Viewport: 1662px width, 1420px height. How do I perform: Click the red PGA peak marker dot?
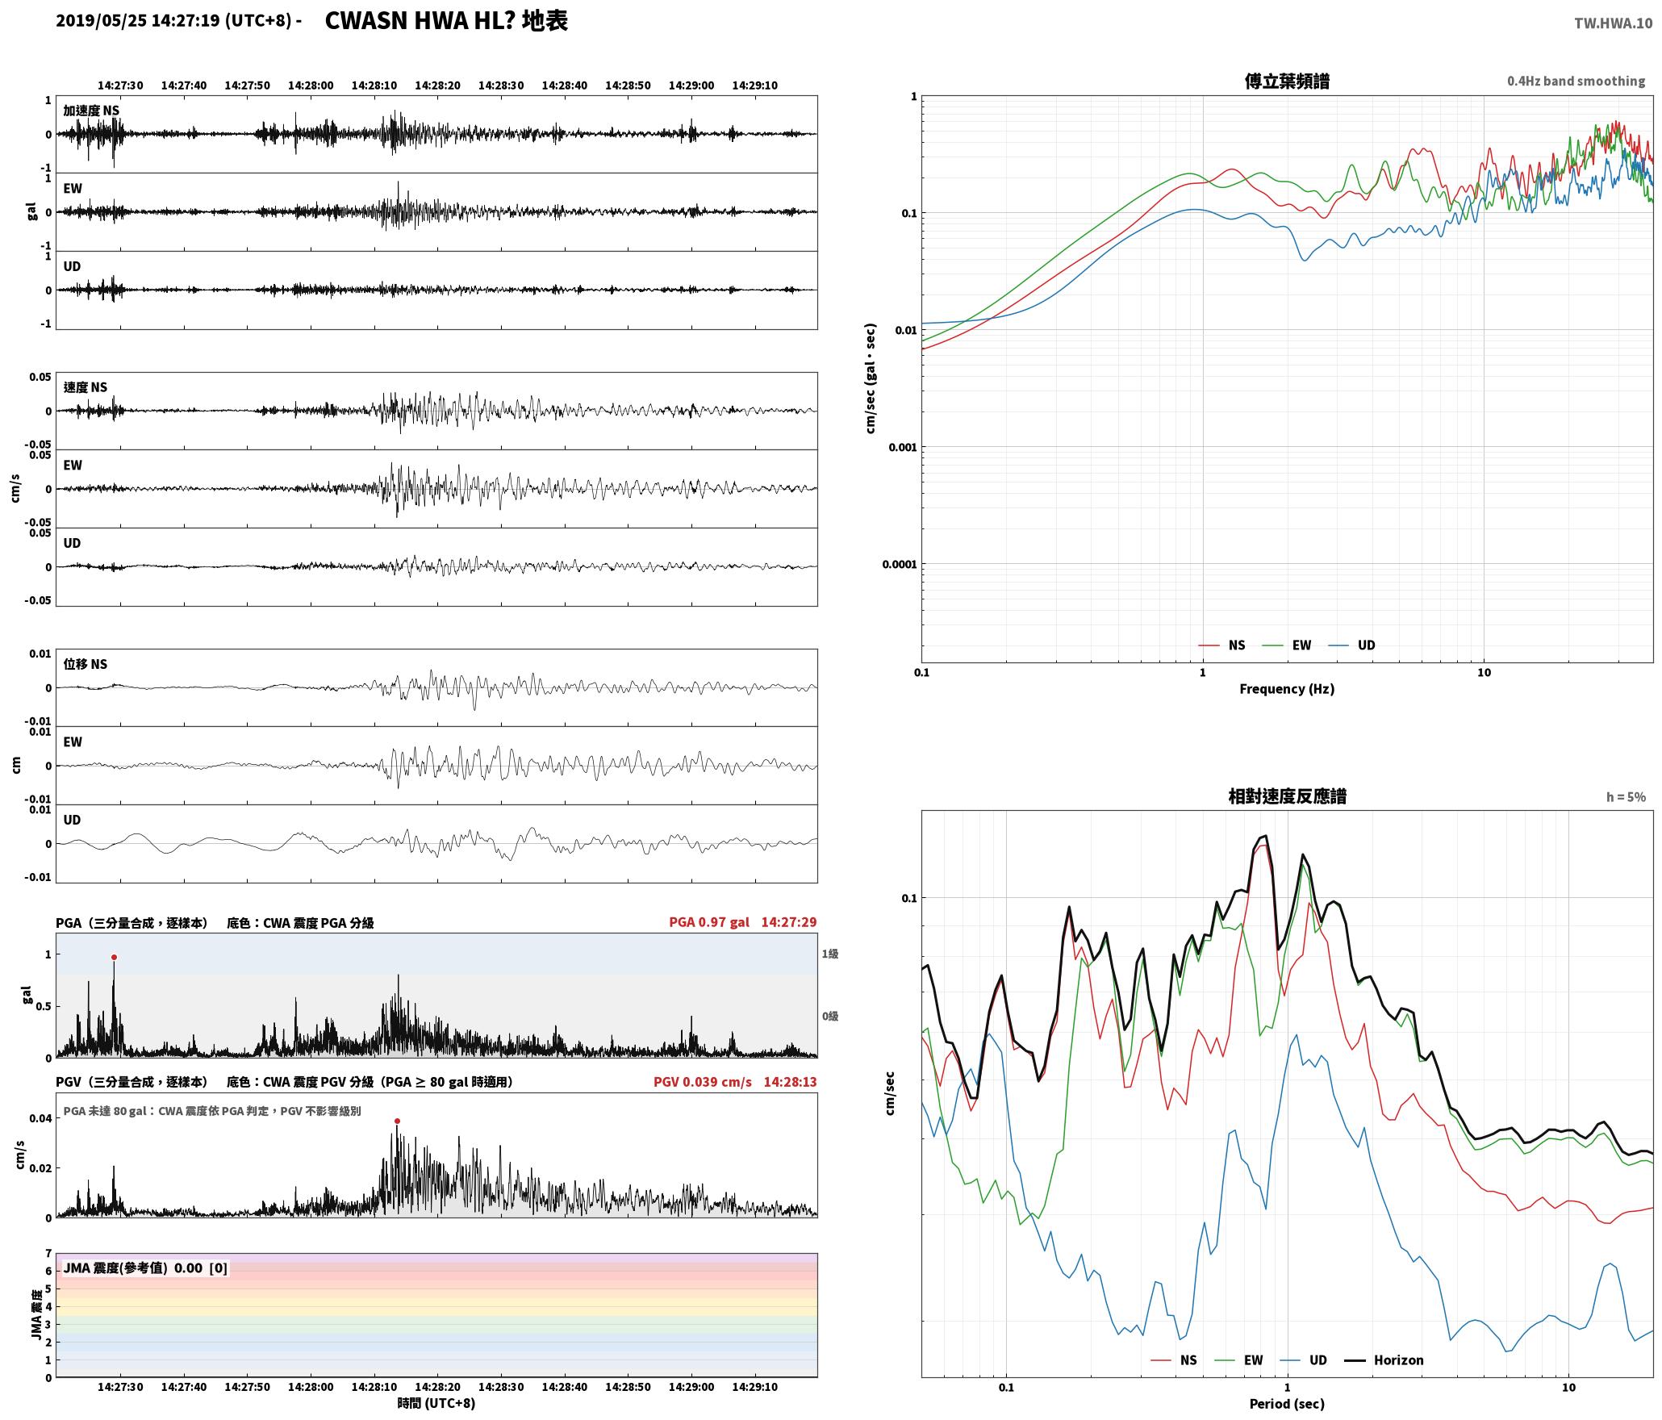click(114, 958)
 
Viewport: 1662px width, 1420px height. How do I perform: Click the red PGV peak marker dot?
click(397, 1121)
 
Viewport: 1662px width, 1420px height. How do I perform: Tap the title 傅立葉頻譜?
click(1287, 81)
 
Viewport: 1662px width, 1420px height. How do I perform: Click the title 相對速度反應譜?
click(1287, 796)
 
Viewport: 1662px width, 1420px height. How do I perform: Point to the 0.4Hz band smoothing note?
click(1576, 81)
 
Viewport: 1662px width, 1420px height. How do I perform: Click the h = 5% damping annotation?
click(1626, 797)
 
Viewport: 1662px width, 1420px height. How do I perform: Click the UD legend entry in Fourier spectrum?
click(1352, 645)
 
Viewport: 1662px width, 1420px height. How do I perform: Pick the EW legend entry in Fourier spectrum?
click(1287, 645)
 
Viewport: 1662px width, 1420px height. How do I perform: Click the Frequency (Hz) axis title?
click(1287, 689)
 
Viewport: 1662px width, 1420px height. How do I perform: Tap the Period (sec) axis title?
click(1287, 1404)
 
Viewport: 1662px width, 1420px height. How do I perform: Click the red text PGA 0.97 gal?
click(709, 922)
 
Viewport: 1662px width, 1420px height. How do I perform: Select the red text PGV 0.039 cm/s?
click(703, 1082)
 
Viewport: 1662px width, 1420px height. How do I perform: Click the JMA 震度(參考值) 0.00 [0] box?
click(145, 1268)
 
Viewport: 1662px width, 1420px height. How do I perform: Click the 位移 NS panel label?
click(86, 664)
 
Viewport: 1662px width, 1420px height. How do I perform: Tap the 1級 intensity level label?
click(830, 954)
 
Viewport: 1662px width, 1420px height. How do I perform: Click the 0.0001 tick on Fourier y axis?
click(900, 564)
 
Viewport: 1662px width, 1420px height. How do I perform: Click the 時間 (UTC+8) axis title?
click(436, 1404)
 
